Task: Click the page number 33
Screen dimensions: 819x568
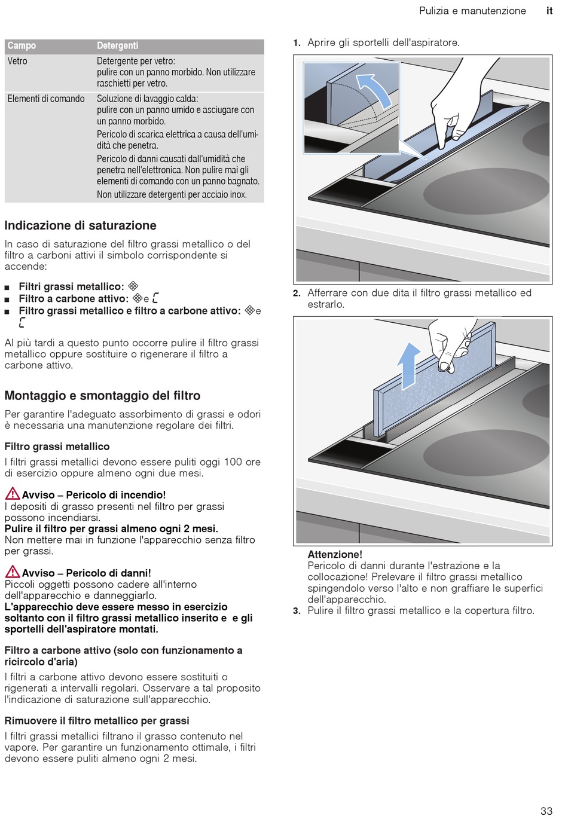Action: [546, 811]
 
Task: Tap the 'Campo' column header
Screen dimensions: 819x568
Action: [22, 46]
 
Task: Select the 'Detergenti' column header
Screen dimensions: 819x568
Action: [117, 46]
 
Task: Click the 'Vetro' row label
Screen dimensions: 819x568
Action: [17, 61]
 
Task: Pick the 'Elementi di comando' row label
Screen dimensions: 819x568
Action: [46, 99]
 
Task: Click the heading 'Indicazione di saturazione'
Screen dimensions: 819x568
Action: [80, 225]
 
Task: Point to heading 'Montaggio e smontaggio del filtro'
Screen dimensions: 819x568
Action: [102, 396]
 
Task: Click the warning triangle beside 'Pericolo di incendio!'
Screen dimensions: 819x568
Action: [12, 494]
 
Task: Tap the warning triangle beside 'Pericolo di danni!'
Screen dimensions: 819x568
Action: [12, 572]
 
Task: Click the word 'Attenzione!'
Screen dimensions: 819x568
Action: [335, 554]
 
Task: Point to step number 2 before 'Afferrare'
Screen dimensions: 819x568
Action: [297, 293]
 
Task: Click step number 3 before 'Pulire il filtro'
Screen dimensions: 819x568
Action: [297, 611]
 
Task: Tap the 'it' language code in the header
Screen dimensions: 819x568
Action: [549, 11]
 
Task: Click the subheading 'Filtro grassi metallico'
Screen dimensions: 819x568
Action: [57, 447]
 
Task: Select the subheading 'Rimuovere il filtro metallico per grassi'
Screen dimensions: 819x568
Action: [97, 721]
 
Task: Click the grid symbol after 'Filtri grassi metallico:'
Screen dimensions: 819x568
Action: [133, 286]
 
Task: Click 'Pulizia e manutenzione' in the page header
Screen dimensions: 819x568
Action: [472, 11]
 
